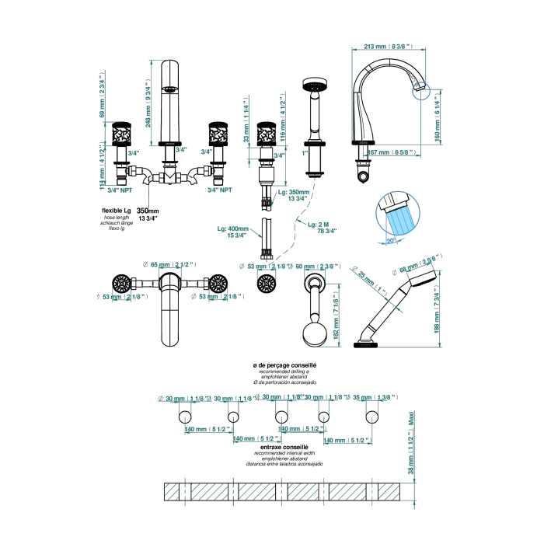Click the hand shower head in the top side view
point(312,85)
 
